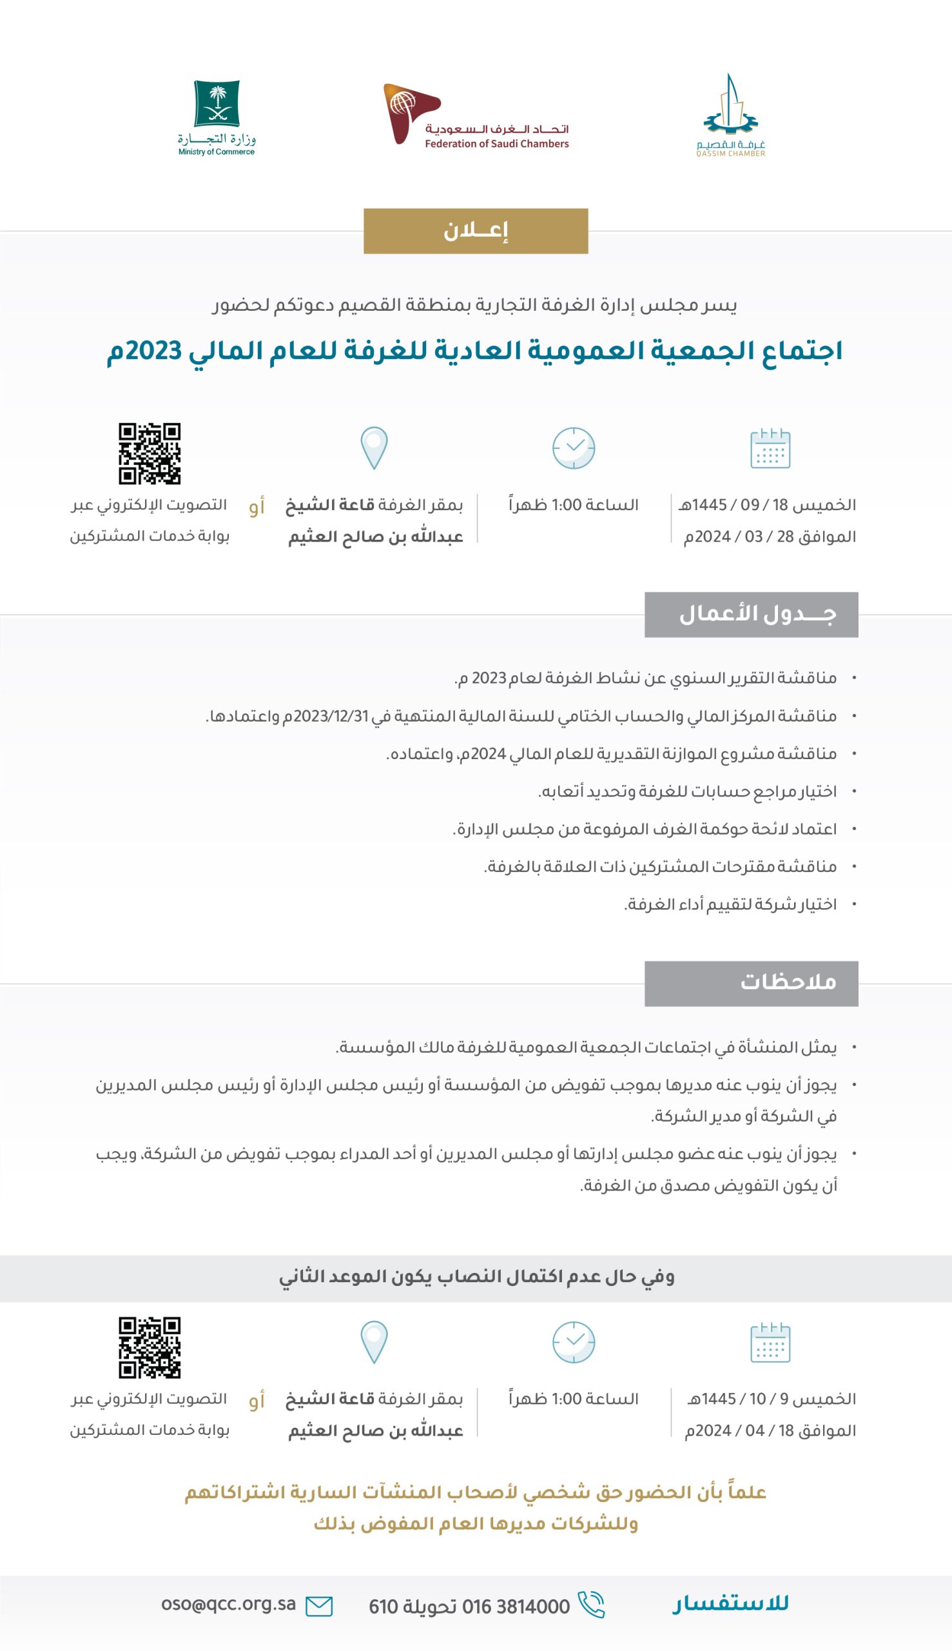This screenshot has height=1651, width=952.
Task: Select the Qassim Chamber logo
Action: point(730,116)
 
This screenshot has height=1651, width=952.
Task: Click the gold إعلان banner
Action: point(475,231)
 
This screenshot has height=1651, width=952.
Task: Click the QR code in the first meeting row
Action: point(149,453)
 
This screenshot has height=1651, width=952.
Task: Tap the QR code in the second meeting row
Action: point(149,1347)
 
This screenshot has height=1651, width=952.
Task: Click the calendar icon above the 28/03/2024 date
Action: point(770,449)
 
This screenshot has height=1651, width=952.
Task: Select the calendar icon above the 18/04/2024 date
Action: point(770,1343)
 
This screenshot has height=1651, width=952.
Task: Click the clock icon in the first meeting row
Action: point(574,449)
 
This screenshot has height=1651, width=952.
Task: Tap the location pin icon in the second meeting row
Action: point(374,1342)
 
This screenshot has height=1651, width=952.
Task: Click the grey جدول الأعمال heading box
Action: point(751,614)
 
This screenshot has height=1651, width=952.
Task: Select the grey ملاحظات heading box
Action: point(751,983)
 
